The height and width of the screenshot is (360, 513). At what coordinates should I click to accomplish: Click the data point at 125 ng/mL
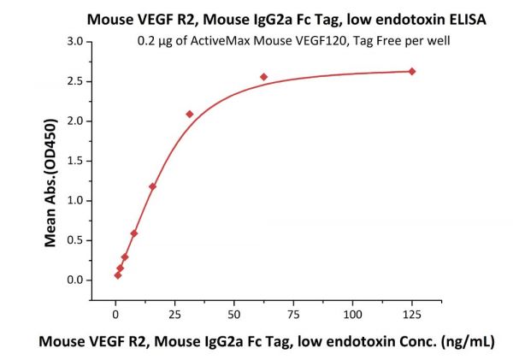coord(412,71)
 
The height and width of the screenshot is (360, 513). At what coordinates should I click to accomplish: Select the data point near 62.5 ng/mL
coord(264,77)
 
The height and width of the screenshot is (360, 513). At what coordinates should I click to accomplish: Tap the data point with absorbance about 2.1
coord(190,114)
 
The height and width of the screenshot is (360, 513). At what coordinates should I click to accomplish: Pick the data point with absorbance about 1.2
coord(153,186)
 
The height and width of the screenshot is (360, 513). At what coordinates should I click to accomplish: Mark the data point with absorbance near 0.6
coord(134,233)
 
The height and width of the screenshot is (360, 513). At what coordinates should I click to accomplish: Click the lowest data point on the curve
coord(118,274)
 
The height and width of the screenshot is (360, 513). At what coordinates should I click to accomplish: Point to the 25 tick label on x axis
coord(175,301)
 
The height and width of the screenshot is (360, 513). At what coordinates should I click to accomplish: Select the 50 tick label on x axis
coord(234,301)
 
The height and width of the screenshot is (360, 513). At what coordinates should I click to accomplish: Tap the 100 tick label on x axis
coord(352,301)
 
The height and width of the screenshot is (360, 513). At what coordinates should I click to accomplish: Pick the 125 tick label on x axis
coord(412,301)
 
